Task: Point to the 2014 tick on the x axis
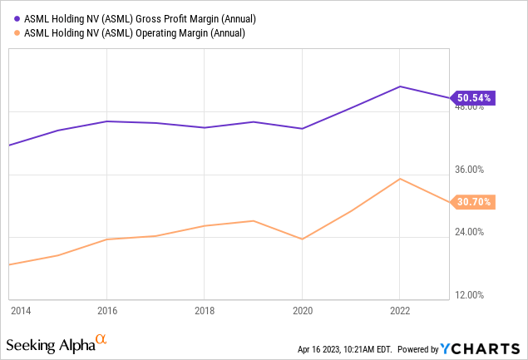[21, 310]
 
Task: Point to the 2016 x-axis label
[106, 310]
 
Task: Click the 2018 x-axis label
[205, 310]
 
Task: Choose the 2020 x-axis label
[302, 310]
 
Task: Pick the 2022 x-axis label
[400, 310]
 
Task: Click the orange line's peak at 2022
[400, 179]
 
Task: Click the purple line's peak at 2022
[400, 86]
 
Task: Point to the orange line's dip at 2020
[302, 239]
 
